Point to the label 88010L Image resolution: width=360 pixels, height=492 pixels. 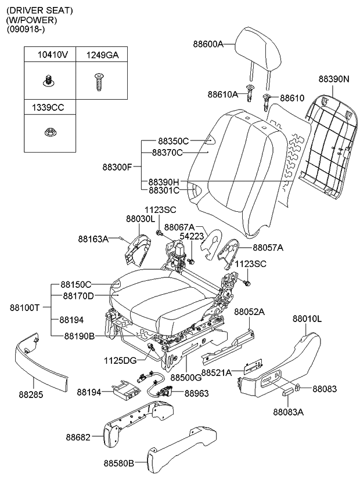pyautogui.click(x=307, y=319)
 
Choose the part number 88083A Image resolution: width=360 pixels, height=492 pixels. pyautogui.click(x=289, y=412)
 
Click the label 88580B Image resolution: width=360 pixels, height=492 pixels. pyautogui.click(x=119, y=462)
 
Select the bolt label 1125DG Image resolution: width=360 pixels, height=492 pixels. pyautogui.click(x=121, y=360)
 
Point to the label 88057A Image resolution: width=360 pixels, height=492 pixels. pyautogui.click(x=268, y=247)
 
